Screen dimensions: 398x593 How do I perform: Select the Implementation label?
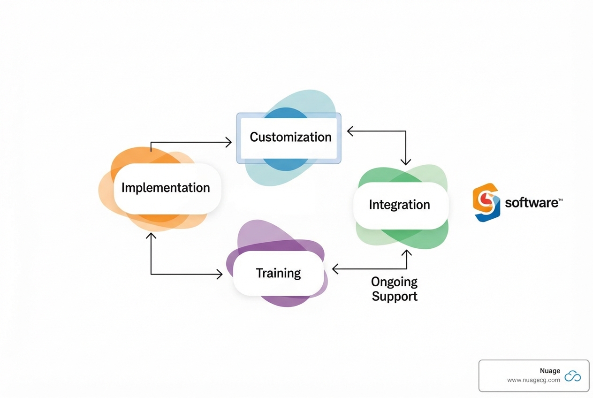pyautogui.click(x=166, y=188)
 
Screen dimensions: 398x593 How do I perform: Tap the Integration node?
pyautogui.click(x=399, y=205)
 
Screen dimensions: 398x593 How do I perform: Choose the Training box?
pyautogui.click(x=278, y=273)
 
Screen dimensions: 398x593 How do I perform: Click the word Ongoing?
pyautogui.click(x=394, y=282)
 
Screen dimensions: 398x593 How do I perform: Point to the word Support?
pyautogui.click(x=395, y=297)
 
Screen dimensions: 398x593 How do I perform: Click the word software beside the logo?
pyautogui.click(x=531, y=203)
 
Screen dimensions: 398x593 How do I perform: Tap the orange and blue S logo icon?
pyautogui.click(x=486, y=202)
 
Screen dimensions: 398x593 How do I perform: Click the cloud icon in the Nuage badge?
pyautogui.click(x=573, y=376)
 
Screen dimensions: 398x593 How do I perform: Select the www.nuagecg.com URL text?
pyautogui.click(x=533, y=380)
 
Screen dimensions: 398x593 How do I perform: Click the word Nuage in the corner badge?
pyautogui.click(x=550, y=371)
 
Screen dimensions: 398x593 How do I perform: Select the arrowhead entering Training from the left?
pyautogui.click(x=220, y=274)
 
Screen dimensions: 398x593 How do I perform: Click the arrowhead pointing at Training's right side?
pyautogui.click(x=335, y=269)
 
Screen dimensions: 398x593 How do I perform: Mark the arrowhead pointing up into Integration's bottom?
pyautogui.click(x=406, y=253)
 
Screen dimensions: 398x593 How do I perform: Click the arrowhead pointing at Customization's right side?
pyautogui.click(x=350, y=131)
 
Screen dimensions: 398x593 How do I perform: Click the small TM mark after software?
pyautogui.click(x=560, y=200)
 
